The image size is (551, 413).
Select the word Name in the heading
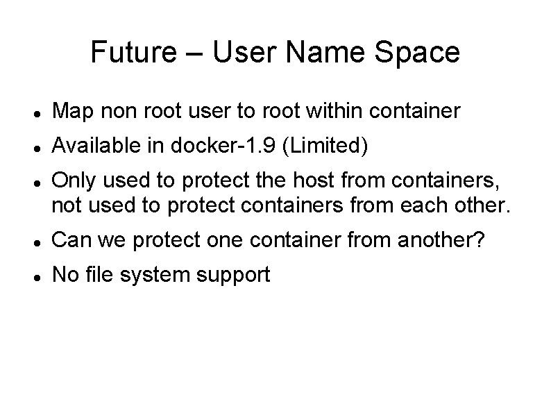click(x=328, y=53)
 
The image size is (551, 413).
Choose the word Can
click(x=71, y=240)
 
